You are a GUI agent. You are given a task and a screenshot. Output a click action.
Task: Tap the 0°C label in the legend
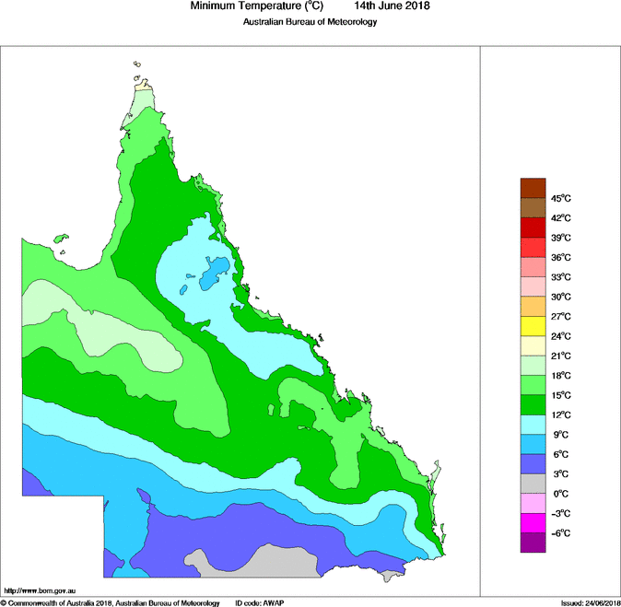pos(561,494)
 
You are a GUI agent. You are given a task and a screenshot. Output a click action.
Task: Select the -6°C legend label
pos(562,533)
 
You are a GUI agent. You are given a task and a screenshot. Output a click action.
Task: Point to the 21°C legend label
pos(562,356)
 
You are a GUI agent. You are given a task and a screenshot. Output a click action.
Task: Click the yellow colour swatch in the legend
pos(533,326)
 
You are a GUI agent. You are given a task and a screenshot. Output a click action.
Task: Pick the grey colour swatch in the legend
pos(533,484)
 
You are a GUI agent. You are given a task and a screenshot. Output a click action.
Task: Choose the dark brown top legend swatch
pos(533,188)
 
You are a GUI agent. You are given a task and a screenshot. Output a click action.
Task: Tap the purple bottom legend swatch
pos(533,543)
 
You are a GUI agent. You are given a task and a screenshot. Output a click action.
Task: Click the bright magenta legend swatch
pos(533,523)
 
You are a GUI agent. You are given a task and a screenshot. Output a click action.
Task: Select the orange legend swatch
pos(533,306)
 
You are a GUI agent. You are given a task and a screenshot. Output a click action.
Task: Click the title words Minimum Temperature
pos(248,6)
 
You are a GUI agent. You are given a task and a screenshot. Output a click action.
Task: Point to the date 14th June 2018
pos(393,6)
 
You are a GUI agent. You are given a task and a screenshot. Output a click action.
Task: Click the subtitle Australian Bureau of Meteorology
pos(310,21)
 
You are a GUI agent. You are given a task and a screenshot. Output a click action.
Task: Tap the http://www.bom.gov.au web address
pos(41,589)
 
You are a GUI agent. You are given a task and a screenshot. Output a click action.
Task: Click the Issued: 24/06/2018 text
pos(590,602)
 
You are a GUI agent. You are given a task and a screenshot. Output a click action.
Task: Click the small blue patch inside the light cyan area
pos(214,272)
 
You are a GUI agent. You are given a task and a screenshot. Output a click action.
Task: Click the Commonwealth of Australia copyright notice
pos(111,602)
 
